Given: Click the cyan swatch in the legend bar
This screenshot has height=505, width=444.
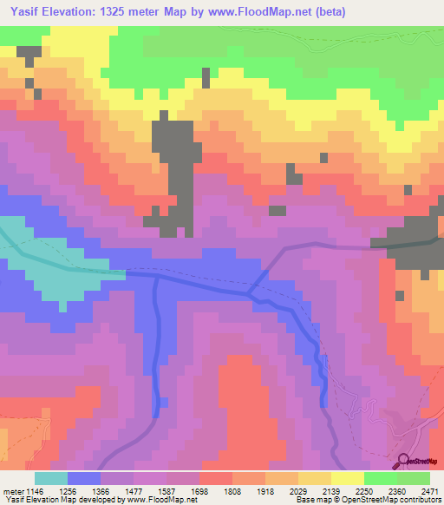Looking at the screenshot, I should click(51, 478).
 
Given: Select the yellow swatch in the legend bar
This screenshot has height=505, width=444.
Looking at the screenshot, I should click(348, 478).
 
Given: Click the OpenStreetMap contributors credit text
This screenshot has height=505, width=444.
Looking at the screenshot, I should click(395, 499).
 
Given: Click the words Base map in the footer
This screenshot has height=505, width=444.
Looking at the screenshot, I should click(310, 499).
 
